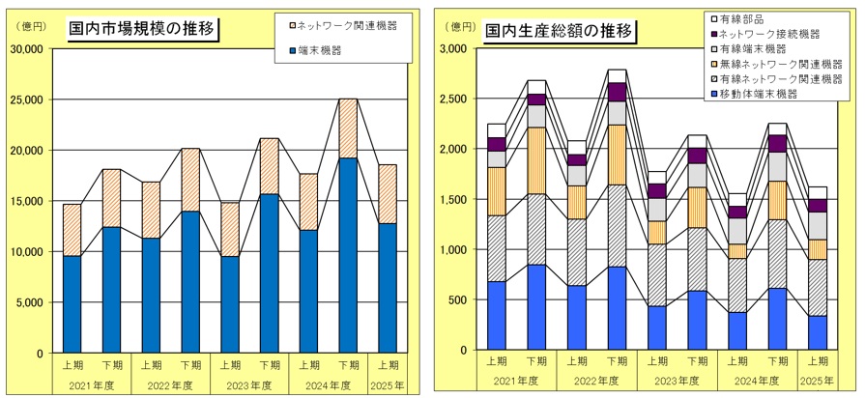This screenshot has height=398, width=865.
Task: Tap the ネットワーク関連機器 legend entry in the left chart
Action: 349,21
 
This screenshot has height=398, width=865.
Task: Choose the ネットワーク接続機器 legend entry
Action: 769,33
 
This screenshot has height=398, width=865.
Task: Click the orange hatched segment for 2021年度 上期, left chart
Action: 72,230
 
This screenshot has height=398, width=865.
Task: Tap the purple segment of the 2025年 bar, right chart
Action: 818,206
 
